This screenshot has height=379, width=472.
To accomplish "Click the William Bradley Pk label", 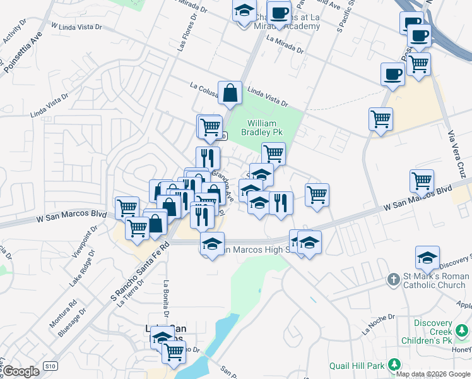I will [x=262, y=128].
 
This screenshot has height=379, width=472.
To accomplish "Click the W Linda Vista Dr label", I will [x=75, y=27].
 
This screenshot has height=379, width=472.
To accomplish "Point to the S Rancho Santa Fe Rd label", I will [x=140, y=271].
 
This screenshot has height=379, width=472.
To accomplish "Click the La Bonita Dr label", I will [x=167, y=298].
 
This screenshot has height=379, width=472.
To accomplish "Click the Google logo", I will [x=21, y=371].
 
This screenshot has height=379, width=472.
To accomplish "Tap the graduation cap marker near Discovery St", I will [x=427, y=258].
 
